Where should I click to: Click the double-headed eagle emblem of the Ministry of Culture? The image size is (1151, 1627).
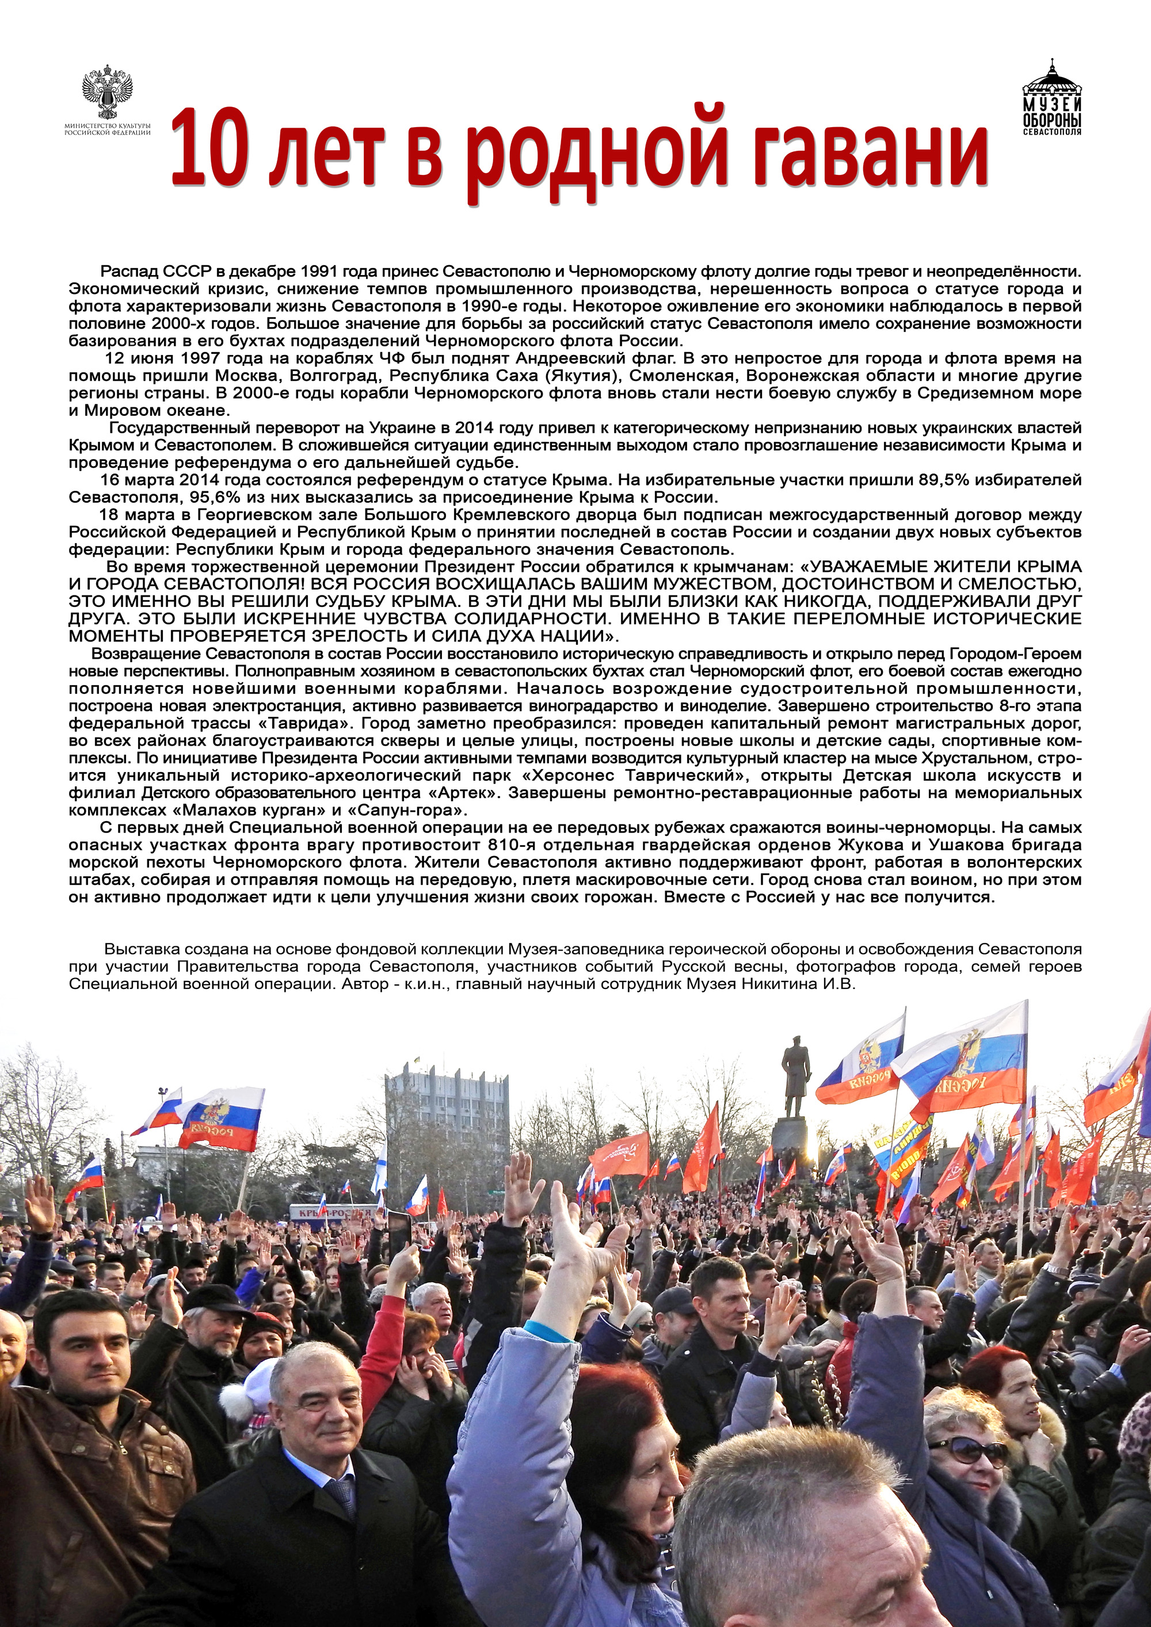tap(107, 91)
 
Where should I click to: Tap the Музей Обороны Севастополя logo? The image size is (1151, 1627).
tap(1052, 98)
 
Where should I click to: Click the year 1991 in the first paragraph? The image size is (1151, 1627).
tap(318, 272)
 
